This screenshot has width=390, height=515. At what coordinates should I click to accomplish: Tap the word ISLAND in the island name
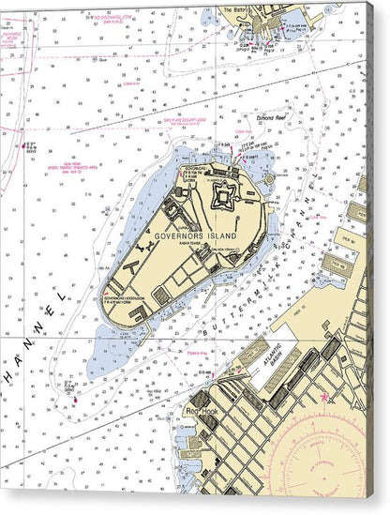(222, 235)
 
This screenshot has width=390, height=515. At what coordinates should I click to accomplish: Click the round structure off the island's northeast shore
(269, 176)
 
